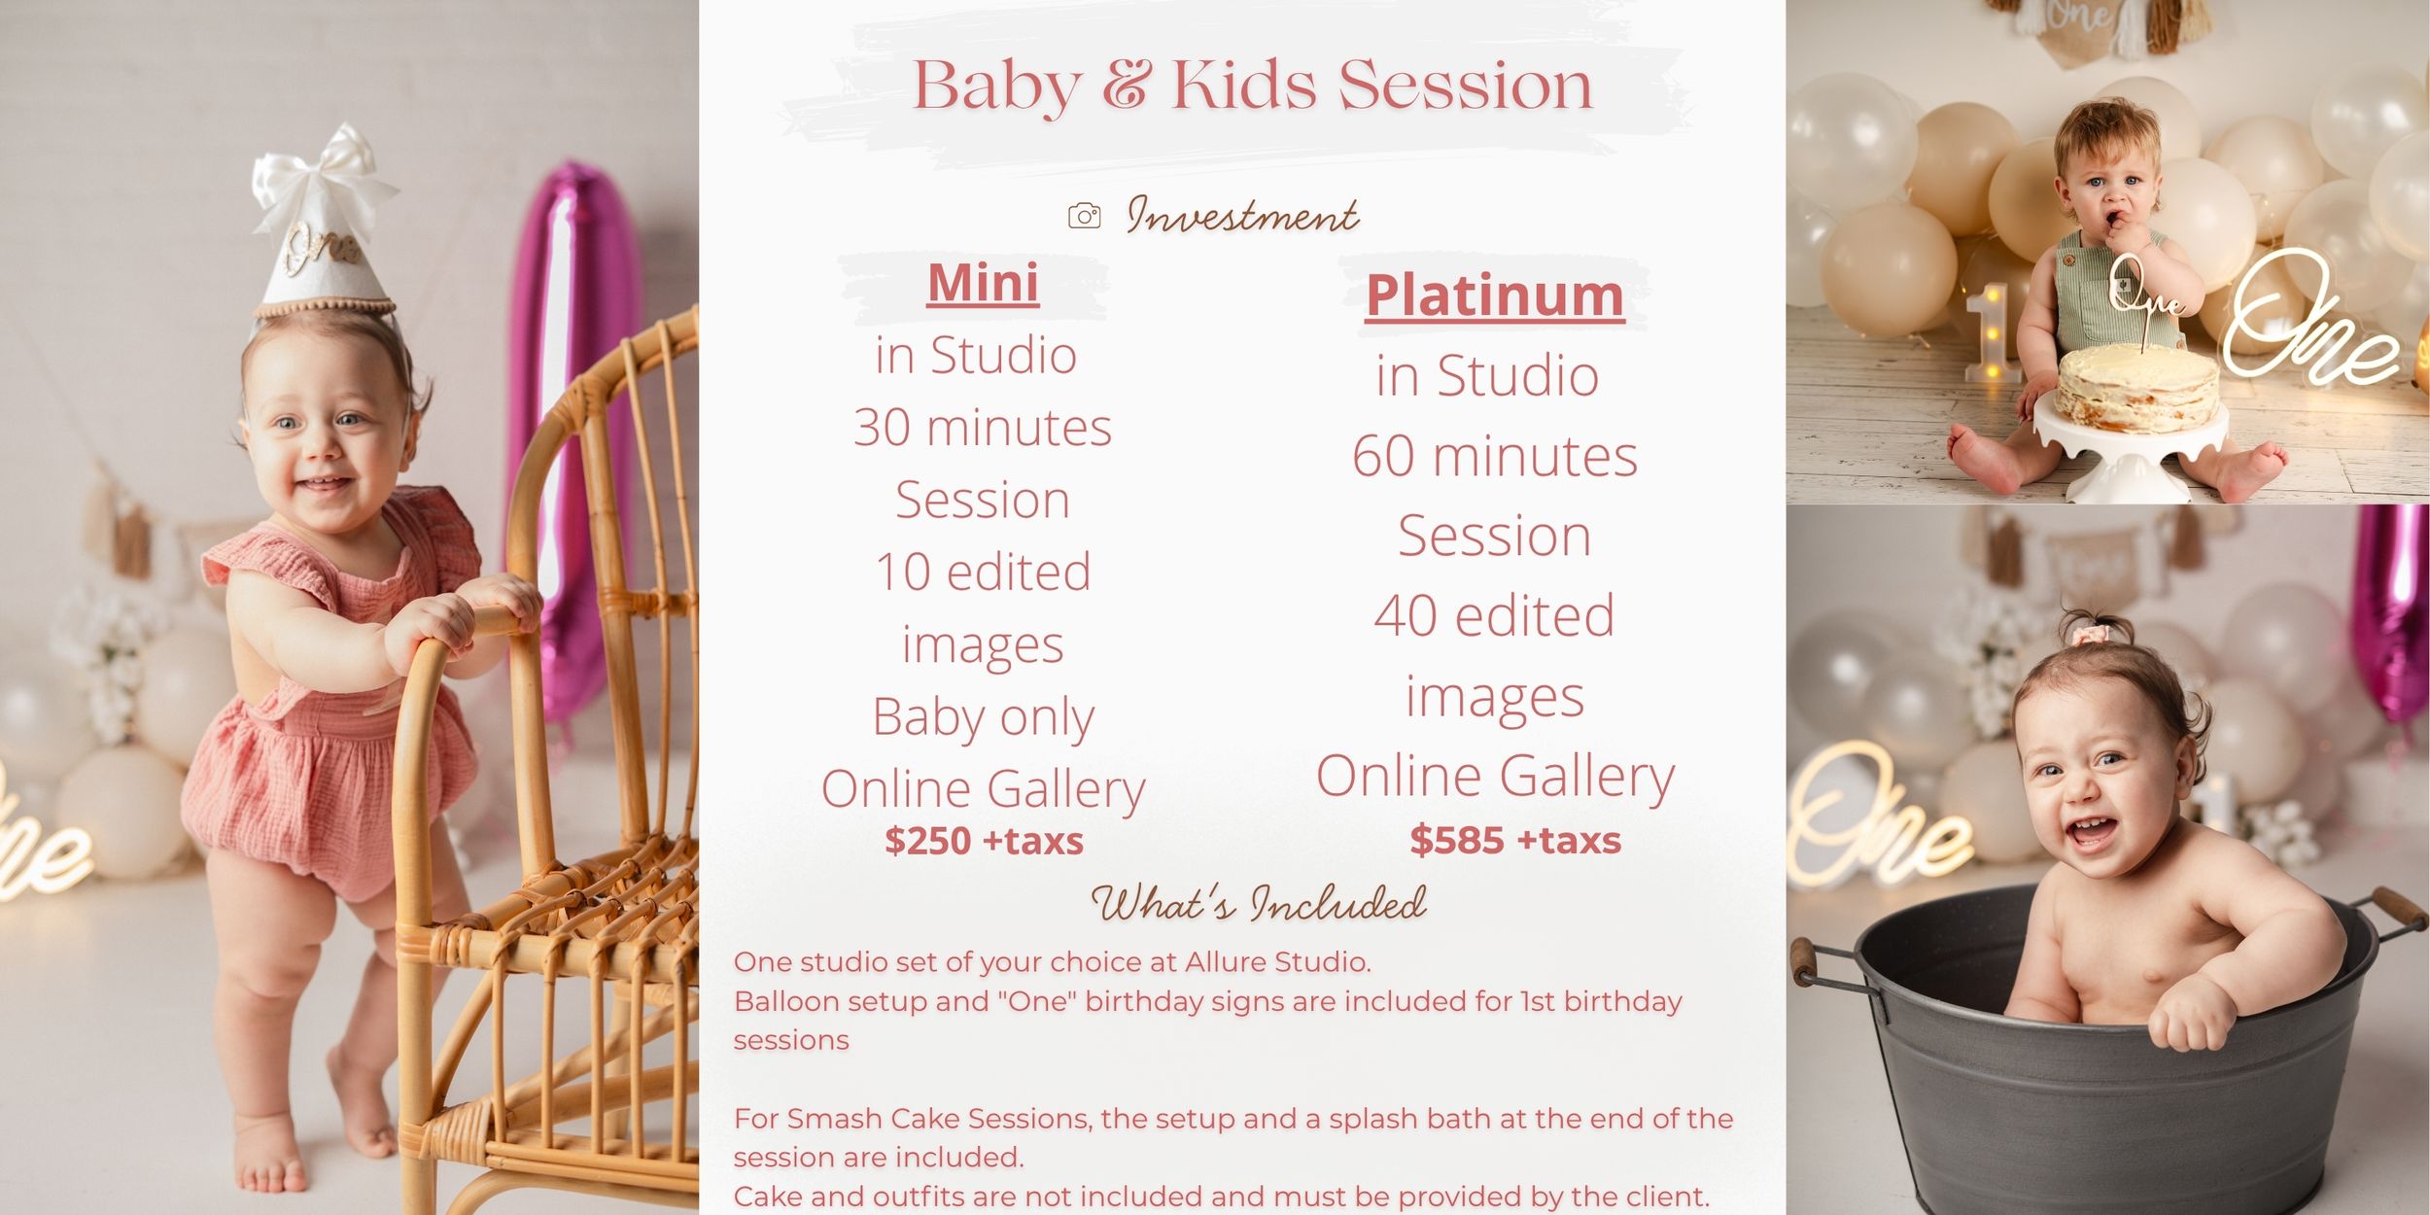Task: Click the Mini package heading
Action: point(983,283)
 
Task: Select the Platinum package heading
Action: point(1495,295)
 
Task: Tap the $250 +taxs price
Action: point(984,841)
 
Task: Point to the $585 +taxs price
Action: point(1515,840)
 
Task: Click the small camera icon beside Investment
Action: point(1084,216)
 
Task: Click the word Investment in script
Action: point(1242,215)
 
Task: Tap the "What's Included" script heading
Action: point(1259,903)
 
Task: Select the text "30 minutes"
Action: point(983,428)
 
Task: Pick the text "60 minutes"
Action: point(1495,456)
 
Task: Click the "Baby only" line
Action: point(983,717)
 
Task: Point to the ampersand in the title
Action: point(1126,86)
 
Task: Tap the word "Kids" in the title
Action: point(1244,85)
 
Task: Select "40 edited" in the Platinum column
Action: point(1494,615)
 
